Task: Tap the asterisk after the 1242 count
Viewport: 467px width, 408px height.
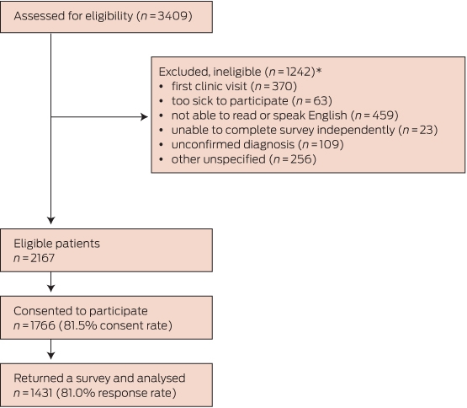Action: tap(319, 70)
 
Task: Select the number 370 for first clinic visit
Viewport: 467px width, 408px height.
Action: tap(283, 86)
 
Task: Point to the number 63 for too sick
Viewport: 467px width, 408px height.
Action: tap(321, 101)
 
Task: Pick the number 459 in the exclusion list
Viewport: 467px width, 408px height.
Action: tap(384, 115)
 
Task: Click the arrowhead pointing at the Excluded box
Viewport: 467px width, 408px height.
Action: tap(145, 116)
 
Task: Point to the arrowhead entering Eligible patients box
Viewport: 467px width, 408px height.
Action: tap(51, 221)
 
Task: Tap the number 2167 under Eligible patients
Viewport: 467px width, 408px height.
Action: tap(42, 258)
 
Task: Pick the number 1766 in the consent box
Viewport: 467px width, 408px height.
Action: tap(43, 325)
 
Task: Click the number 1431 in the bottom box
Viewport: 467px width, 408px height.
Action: tap(41, 393)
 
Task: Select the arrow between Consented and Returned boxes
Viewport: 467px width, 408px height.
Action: tap(51, 349)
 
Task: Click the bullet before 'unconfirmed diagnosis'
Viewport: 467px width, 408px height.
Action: tap(161, 145)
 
